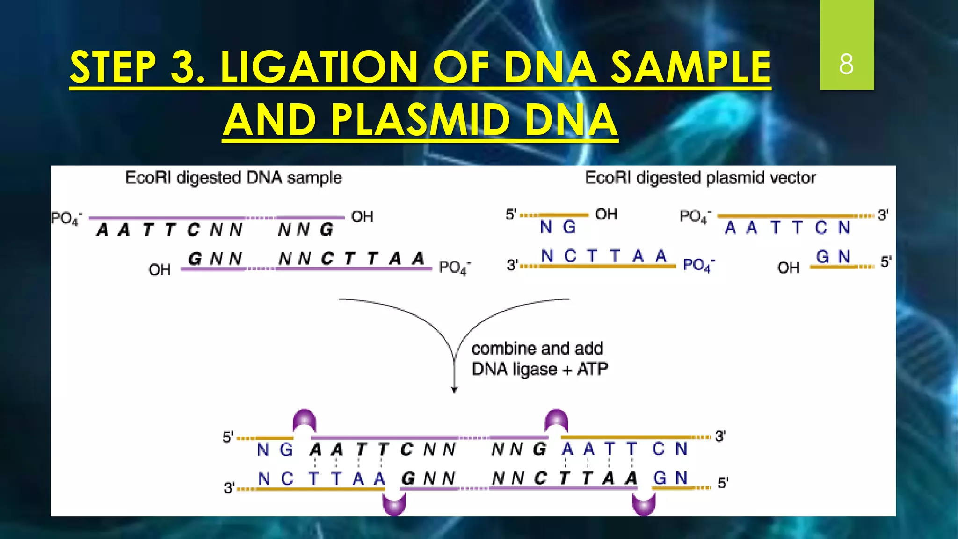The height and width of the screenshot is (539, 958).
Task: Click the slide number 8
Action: [846, 64]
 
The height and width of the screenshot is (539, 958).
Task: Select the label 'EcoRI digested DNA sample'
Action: [233, 178]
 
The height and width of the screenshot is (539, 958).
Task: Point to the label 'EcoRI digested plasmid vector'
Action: [700, 178]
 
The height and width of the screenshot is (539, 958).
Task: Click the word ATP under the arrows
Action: [592, 369]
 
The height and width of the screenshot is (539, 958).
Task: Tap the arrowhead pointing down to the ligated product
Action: [454, 389]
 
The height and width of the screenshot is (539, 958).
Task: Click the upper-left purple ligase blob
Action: [305, 419]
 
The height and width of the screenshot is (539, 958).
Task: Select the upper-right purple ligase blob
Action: [557, 419]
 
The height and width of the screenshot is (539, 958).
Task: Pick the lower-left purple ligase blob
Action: [394, 504]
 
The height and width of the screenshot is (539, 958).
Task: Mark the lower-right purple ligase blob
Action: [644, 504]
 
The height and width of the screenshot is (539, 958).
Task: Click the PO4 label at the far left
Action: [66, 219]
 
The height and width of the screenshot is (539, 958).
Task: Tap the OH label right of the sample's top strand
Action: [362, 217]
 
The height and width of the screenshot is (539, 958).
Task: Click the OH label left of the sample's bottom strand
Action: [160, 270]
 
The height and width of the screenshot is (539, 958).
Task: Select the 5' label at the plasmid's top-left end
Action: [511, 215]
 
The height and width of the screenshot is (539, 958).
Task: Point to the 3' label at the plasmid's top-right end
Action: [883, 215]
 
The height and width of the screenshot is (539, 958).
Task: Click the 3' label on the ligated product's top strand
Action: [720, 437]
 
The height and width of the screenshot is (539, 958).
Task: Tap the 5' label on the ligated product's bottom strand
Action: [723, 483]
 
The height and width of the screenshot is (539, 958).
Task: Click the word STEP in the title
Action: [113, 68]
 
